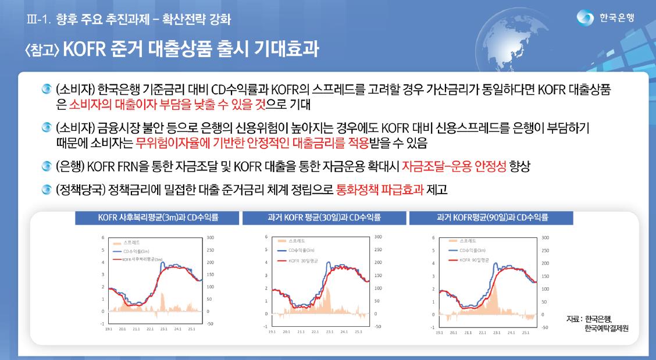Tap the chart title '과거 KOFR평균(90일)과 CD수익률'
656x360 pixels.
pos(492,218)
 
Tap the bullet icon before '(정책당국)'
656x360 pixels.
pos(47,190)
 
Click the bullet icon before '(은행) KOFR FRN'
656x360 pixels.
pos(47,167)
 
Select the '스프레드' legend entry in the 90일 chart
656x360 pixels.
pos(469,240)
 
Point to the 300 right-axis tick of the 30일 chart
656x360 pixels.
pos(378,237)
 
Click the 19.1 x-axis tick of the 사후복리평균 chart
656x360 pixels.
pos(109,329)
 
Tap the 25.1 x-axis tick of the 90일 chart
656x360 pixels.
pos(525,332)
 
